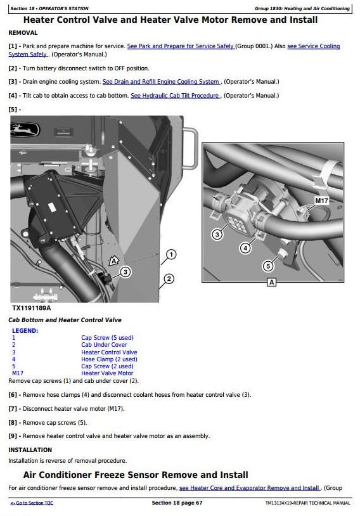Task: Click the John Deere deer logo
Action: click(25, 129)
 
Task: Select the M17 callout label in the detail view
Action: click(321, 200)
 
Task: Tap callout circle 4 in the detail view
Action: click(245, 248)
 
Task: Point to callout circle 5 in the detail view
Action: click(268, 266)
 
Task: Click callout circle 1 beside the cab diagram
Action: click(170, 254)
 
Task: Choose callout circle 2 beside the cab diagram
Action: click(169, 279)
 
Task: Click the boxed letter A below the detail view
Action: click(271, 282)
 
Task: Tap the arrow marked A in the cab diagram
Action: click(113, 261)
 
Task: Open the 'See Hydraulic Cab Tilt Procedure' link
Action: click(175, 96)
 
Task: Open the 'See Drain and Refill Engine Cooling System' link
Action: click(161, 82)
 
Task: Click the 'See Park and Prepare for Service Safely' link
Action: click(181, 46)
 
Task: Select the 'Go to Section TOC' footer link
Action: click(32, 503)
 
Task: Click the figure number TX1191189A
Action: click(32, 308)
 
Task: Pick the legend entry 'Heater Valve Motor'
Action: click(107, 373)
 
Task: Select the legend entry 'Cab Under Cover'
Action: click(104, 345)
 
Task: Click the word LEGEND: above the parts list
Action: click(25, 331)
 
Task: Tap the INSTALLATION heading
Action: click(30, 450)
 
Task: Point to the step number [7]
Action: click(13, 409)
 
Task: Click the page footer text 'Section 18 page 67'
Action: click(177, 503)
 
